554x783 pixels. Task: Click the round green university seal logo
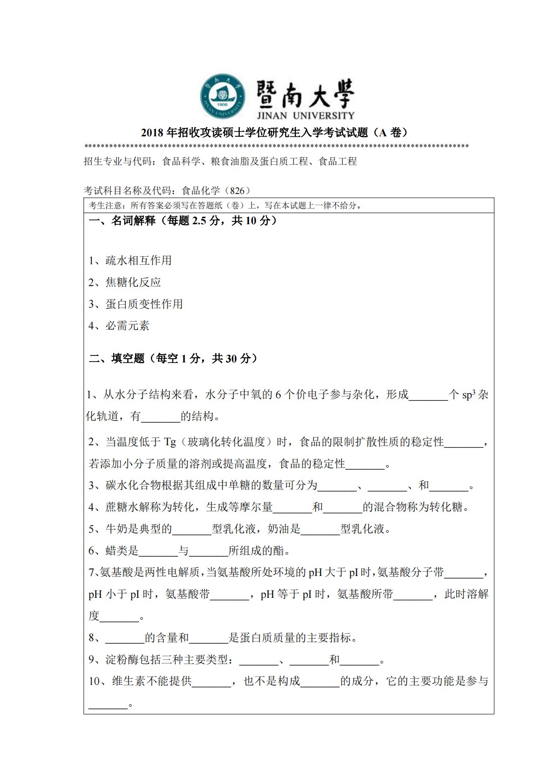click(x=223, y=96)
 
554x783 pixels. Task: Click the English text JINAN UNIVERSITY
click(x=305, y=115)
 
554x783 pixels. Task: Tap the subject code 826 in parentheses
click(x=237, y=190)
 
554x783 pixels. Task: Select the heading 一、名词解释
click(x=122, y=221)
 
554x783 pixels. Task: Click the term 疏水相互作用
click(x=138, y=261)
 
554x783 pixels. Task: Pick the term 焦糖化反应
click(x=133, y=282)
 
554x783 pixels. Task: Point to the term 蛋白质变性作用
click(x=144, y=304)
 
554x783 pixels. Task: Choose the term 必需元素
click(x=128, y=326)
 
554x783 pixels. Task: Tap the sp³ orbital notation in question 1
click(x=468, y=395)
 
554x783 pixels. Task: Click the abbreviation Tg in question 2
click(x=170, y=442)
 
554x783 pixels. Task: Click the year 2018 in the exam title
click(x=152, y=133)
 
